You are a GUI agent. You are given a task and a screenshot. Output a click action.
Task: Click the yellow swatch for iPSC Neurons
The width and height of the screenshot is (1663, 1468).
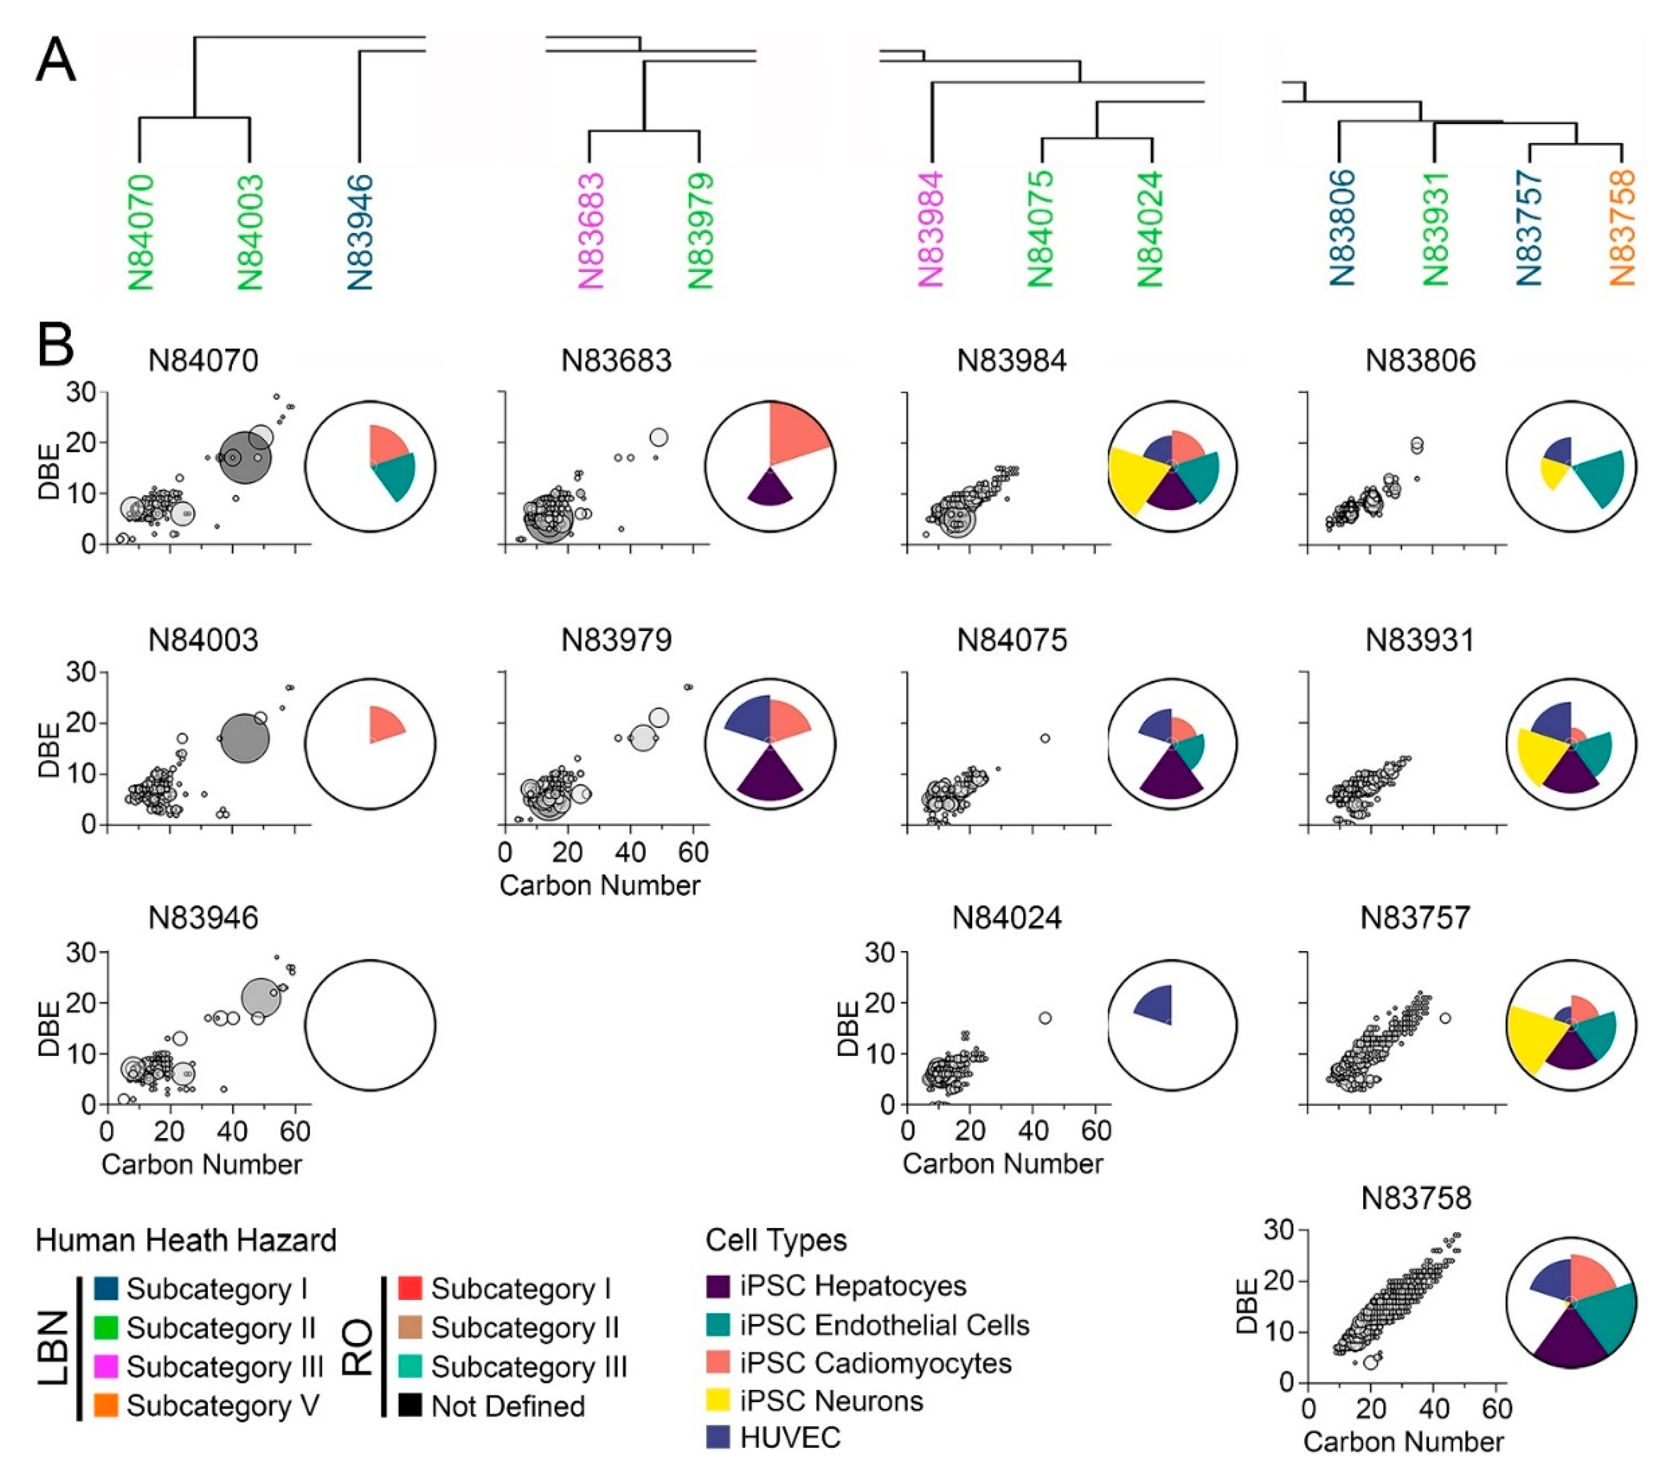pyautogui.click(x=718, y=1401)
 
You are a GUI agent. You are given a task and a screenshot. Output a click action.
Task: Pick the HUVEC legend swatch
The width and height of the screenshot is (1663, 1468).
pyautogui.click(x=718, y=1437)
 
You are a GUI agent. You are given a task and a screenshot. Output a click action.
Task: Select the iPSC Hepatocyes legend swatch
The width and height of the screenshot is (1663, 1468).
pyautogui.click(x=718, y=1286)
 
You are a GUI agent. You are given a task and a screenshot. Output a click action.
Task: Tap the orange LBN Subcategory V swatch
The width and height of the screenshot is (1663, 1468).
pyautogui.click(x=106, y=1405)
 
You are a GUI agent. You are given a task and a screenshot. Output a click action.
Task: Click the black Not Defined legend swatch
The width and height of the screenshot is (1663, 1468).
pyautogui.click(x=410, y=1405)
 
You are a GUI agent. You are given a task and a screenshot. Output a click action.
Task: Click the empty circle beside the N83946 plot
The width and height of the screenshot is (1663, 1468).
pyautogui.click(x=370, y=1025)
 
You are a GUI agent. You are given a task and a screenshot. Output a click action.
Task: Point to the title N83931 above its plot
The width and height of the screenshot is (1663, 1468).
pyautogui.click(x=1420, y=640)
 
